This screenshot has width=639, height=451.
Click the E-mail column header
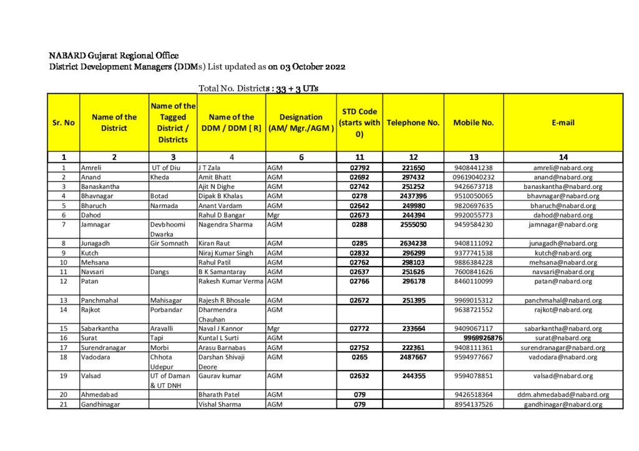pyautogui.click(x=563, y=123)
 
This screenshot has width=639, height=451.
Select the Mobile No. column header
pyautogui.click(x=474, y=123)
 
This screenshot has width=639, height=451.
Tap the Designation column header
pyautogui.click(x=301, y=123)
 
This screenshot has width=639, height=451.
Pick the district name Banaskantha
pyautogui.click(x=100, y=186)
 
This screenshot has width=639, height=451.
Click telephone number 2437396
pyautogui.click(x=413, y=196)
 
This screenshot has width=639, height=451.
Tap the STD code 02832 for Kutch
pyautogui.click(x=359, y=253)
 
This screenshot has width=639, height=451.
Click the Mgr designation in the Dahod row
pyautogui.click(x=273, y=215)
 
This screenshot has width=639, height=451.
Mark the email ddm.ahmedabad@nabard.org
pyautogui.click(x=563, y=394)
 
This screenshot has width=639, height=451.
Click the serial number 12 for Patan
pyautogui.click(x=63, y=282)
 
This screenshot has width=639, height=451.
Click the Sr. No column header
pyautogui.click(x=63, y=123)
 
